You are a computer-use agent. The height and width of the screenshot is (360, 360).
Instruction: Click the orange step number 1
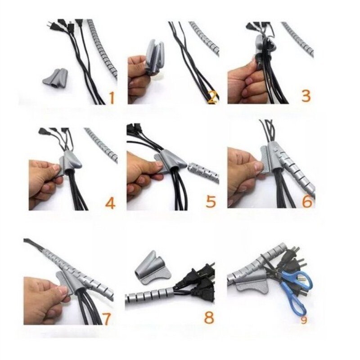pyautogui.click(x=111, y=97)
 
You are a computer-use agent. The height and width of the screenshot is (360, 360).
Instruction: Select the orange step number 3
pyautogui.click(x=306, y=96)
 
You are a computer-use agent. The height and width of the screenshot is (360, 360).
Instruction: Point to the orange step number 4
pyautogui.click(x=110, y=203)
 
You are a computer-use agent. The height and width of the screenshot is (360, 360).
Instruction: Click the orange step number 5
pyautogui.click(x=211, y=202)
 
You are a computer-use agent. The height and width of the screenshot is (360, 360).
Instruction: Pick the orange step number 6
pyautogui.click(x=307, y=202)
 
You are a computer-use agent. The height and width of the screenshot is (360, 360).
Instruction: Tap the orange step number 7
pyautogui.click(x=107, y=318)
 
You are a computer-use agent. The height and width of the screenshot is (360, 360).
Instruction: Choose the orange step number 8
pyautogui.click(x=209, y=317)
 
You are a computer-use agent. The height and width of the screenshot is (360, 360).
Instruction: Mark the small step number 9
pyautogui.click(x=305, y=320)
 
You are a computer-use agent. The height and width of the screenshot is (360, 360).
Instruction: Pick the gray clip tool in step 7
pyautogui.click(x=67, y=281)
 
